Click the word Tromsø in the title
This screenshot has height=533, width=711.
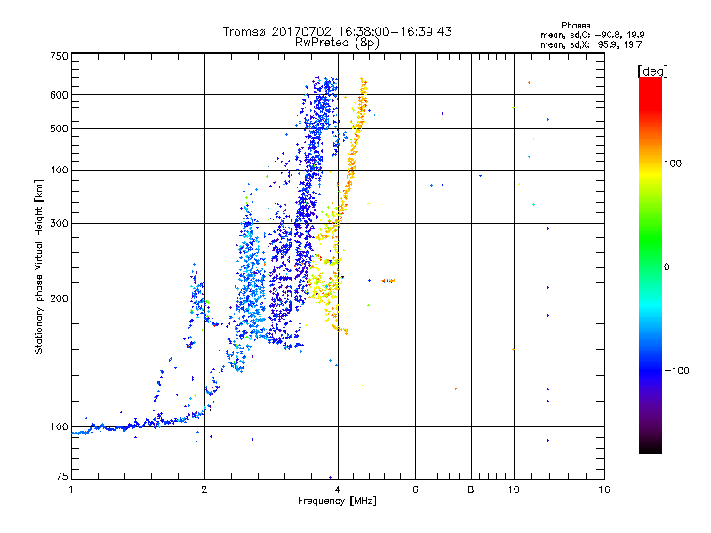(x=245, y=31)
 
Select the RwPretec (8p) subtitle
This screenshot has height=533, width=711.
(x=337, y=43)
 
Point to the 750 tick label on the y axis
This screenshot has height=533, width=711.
(x=59, y=56)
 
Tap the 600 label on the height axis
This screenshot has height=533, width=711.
(x=59, y=95)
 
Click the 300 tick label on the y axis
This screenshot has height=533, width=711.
(x=59, y=224)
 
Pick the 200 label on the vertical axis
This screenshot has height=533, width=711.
(x=59, y=298)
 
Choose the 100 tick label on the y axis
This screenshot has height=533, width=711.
(x=59, y=427)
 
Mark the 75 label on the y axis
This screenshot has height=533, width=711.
(x=62, y=476)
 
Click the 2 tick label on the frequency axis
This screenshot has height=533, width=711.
(x=204, y=489)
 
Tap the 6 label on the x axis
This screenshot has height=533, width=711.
(x=415, y=489)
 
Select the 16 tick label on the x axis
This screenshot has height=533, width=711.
(x=604, y=489)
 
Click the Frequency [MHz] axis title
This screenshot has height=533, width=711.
(x=337, y=501)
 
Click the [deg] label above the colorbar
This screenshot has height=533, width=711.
(x=652, y=71)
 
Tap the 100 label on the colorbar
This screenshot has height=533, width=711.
(x=673, y=163)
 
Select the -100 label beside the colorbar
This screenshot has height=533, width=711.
(x=676, y=370)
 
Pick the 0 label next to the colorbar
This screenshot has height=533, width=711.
(x=667, y=267)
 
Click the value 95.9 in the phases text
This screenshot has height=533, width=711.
(x=608, y=45)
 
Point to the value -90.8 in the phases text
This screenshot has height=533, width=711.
(x=608, y=36)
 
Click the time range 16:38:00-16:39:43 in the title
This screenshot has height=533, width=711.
(x=395, y=31)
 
